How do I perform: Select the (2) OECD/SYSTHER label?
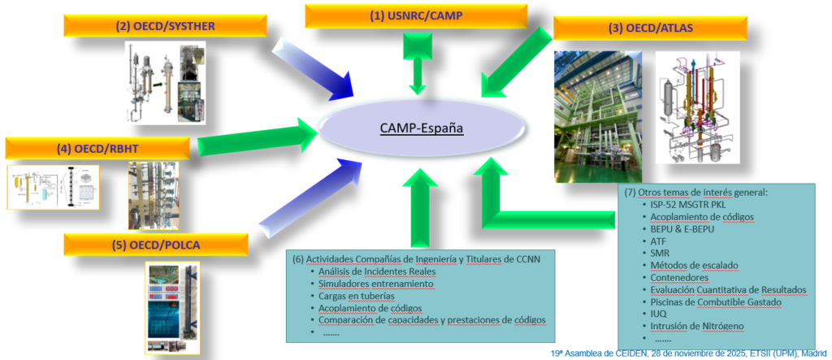point(165,25)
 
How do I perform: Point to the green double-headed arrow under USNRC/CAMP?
point(418,66)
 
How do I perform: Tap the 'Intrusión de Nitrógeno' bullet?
point(696,326)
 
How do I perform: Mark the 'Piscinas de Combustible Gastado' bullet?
point(715,301)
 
